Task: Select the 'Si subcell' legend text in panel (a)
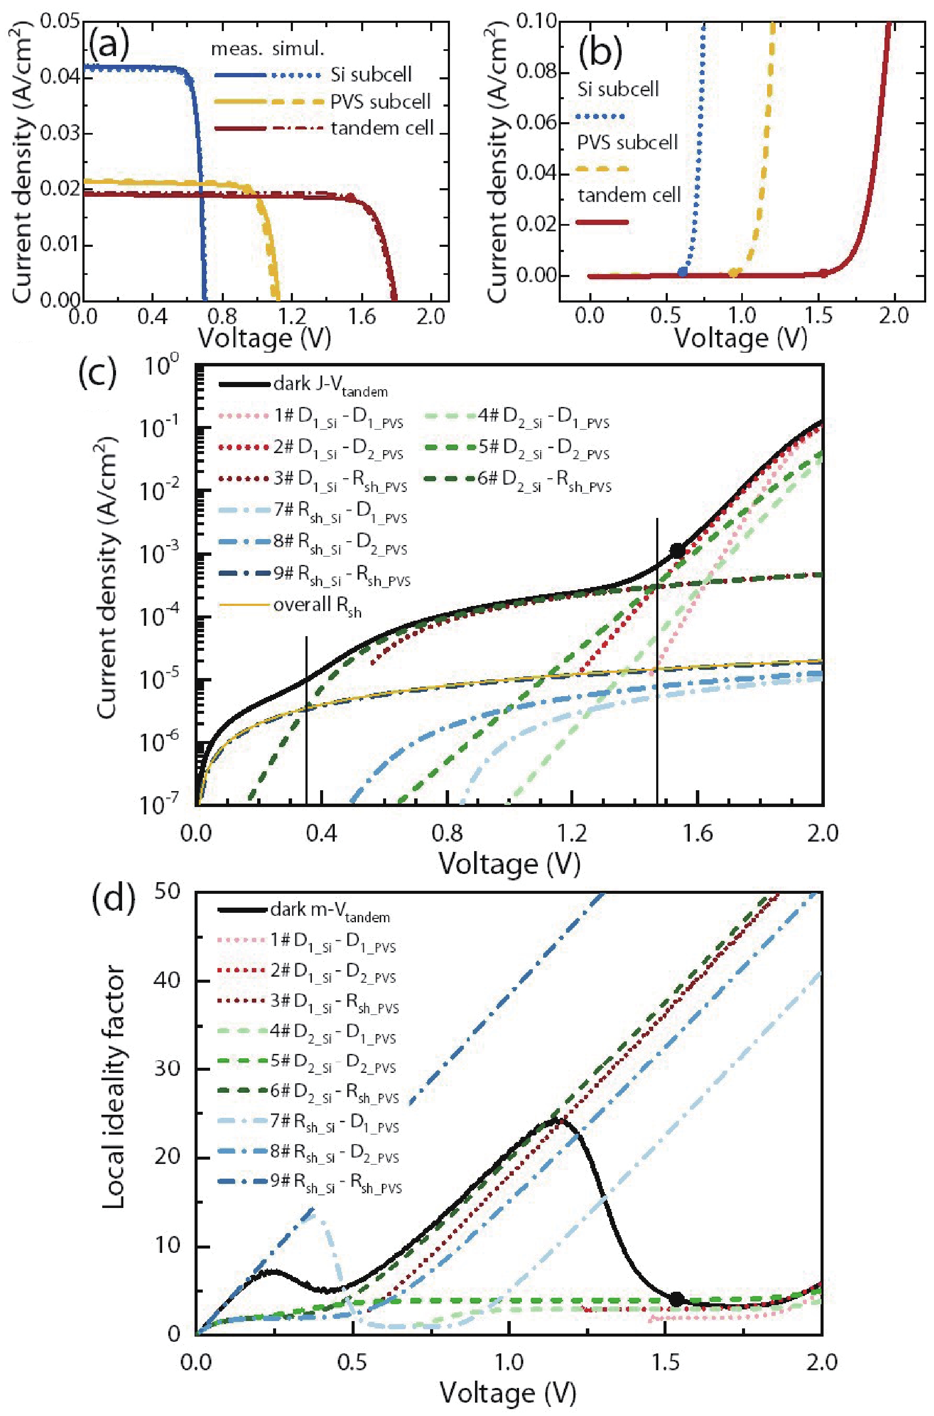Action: [371, 75]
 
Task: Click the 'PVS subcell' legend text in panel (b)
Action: [627, 142]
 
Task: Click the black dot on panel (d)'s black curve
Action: [676, 1299]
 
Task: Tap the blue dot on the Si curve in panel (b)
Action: [682, 271]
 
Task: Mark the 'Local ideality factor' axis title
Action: [113, 1087]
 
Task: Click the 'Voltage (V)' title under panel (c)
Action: [509, 863]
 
